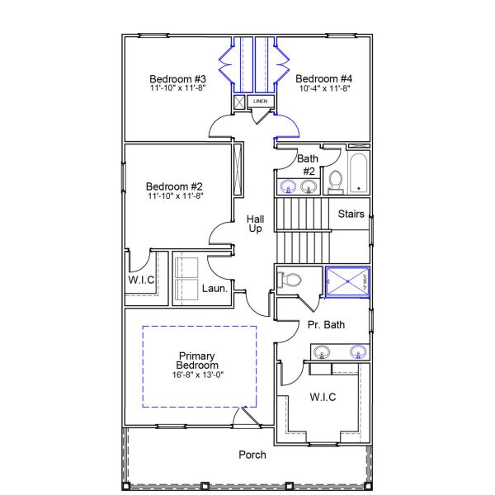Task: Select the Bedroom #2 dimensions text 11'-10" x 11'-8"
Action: (x=174, y=196)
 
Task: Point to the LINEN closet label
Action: (x=261, y=101)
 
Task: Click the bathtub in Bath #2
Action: (x=359, y=172)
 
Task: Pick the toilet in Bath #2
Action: (x=336, y=181)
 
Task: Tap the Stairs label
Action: (x=351, y=214)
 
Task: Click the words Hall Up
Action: (x=256, y=223)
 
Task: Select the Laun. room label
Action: (x=215, y=288)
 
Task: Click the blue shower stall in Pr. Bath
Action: (x=347, y=280)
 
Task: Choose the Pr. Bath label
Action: (x=327, y=324)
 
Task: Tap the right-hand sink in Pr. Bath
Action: (x=358, y=352)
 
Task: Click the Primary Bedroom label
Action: (x=198, y=360)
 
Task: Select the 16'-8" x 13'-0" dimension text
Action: (x=198, y=375)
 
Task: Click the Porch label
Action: (x=252, y=455)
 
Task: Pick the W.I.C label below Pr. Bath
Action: (x=323, y=398)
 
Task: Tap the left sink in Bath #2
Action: (x=289, y=185)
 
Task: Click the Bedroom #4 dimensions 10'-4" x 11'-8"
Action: (x=323, y=87)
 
